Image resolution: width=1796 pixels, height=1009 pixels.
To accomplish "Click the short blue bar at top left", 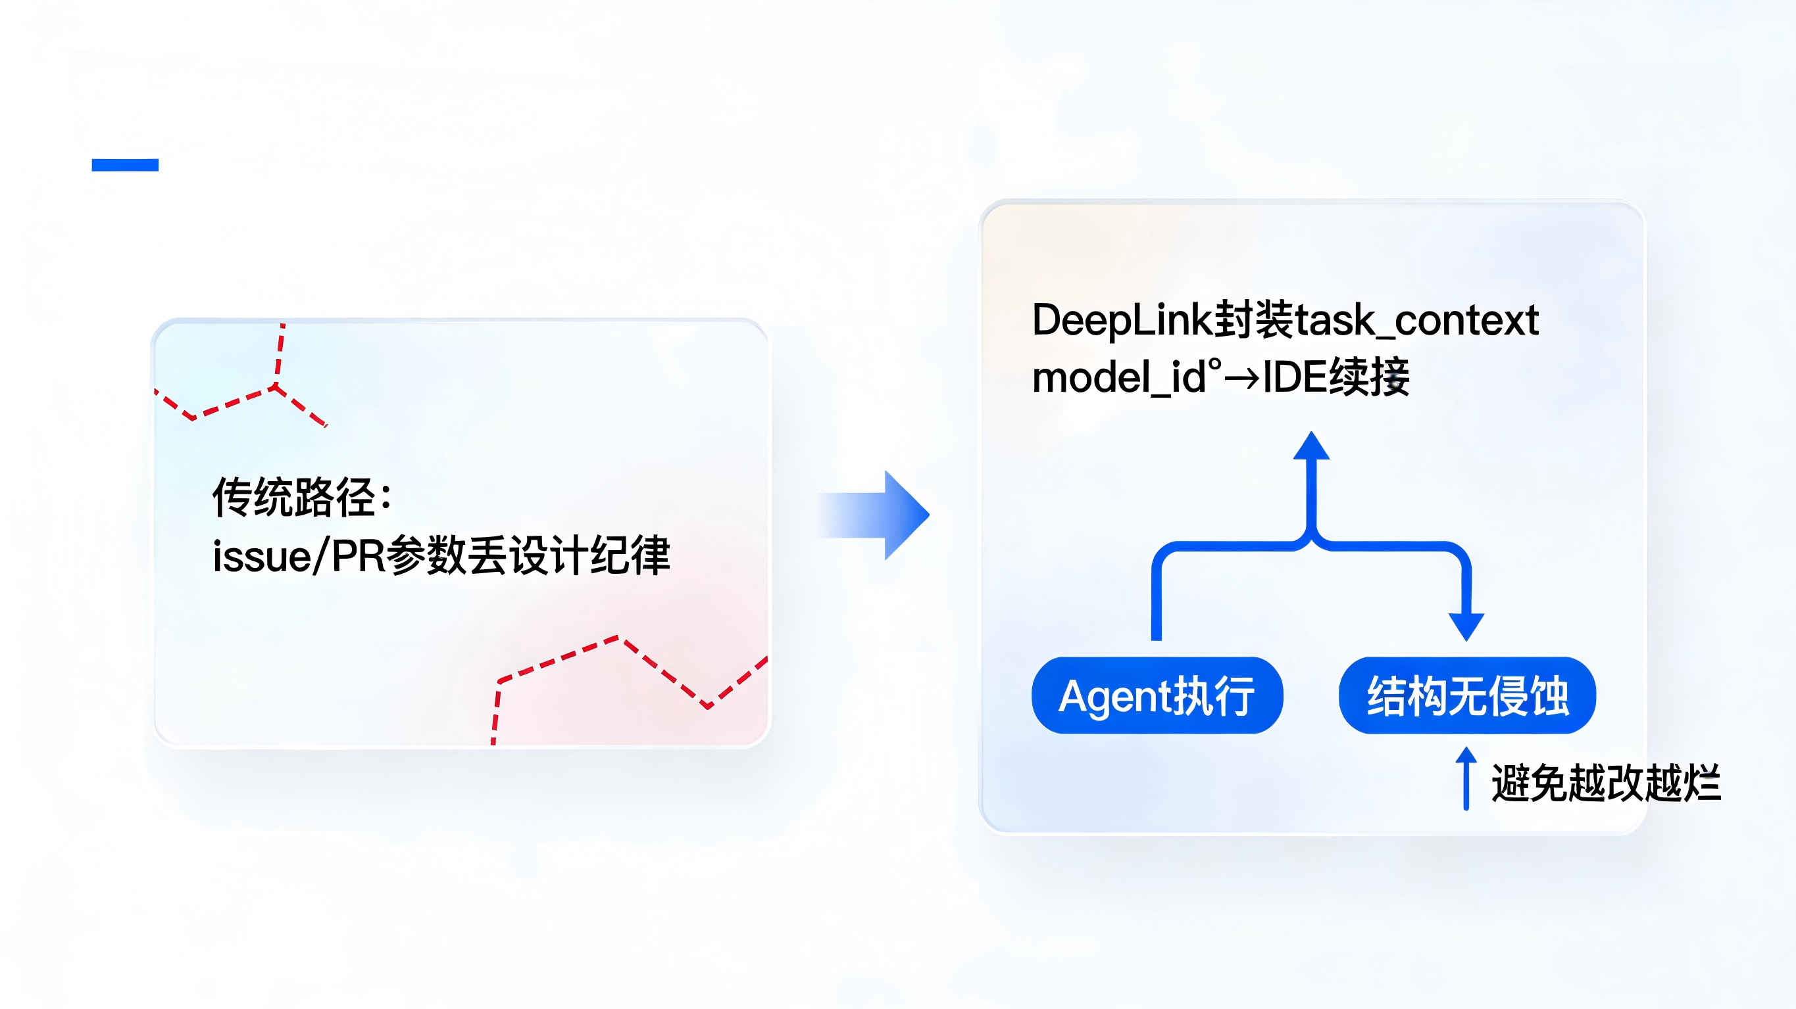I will pos(125,164).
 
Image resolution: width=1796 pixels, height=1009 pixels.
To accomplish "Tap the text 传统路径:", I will pos(302,498).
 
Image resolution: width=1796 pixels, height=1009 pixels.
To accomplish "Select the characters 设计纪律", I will pos(589,556).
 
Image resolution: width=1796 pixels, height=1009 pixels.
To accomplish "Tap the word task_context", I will pos(1416,321).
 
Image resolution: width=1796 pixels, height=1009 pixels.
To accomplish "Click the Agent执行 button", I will pos(1157,695).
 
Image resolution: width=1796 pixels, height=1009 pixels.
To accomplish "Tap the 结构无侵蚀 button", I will pos(1467,695).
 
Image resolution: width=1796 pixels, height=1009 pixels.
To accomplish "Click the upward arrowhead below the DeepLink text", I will pos(1311,447).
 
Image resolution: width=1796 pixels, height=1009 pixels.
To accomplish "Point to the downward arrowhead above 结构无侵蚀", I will pos(1466,625).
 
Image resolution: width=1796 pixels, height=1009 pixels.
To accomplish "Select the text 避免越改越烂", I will pos(1606,784).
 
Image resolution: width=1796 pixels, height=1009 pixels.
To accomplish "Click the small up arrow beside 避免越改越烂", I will pos(1466,777).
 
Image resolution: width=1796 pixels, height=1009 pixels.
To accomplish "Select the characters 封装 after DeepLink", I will pos(1253,321).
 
